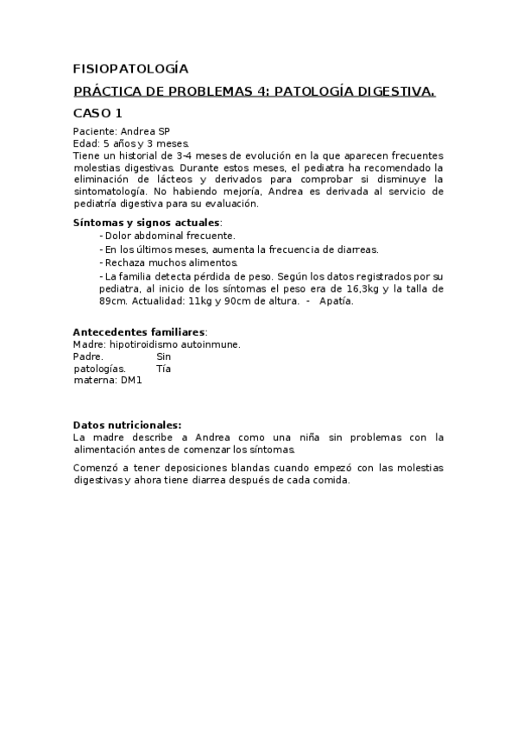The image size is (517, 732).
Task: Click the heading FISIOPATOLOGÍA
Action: pyautogui.click(x=129, y=68)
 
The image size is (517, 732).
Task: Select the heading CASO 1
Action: pyautogui.click(x=98, y=113)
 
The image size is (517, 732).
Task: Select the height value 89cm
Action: pyautogui.click(x=113, y=301)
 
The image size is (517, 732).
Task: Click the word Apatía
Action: pyautogui.click(x=336, y=301)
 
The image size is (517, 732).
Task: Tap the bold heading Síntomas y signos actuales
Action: pyautogui.click(x=146, y=223)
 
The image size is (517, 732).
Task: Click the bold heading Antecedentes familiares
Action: pyautogui.click(x=139, y=331)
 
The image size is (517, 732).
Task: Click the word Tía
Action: pyautogui.click(x=164, y=368)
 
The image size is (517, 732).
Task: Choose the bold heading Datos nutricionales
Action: pyautogui.click(x=127, y=425)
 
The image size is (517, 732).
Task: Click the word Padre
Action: pyautogui.click(x=88, y=356)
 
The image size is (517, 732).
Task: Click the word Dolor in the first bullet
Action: pyautogui.click(x=118, y=236)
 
